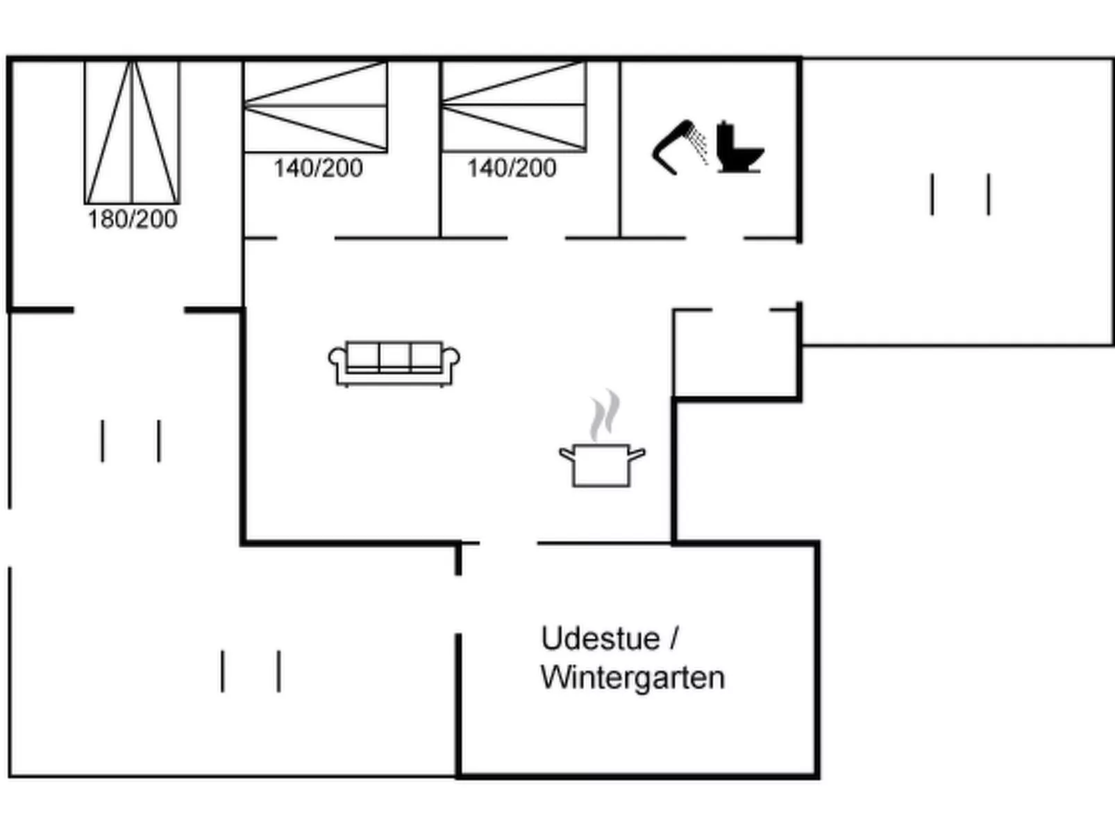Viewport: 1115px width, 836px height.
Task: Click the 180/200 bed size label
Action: tap(132, 219)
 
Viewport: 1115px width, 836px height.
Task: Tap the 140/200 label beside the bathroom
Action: tap(512, 168)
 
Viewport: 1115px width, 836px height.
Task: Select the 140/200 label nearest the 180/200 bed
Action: tap(318, 168)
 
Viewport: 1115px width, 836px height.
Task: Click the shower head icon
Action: tap(677, 146)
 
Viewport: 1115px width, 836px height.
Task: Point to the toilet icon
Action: tap(739, 148)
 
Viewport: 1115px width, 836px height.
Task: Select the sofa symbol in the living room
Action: tap(394, 363)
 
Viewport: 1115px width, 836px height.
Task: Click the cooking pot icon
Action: tap(602, 466)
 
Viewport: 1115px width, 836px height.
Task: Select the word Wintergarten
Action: tap(632, 677)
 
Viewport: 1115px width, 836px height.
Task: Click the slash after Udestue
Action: tap(674, 638)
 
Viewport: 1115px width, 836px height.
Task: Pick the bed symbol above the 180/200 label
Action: tap(132, 132)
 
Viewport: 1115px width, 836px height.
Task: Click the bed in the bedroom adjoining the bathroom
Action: tap(514, 106)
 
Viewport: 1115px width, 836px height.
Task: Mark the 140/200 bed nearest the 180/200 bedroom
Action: tap(315, 106)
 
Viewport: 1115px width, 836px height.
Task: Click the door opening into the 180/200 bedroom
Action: tap(129, 310)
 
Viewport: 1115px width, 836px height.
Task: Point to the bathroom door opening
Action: tap(714, 238)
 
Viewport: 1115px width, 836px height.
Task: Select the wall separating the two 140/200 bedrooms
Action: tap(440, 149)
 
